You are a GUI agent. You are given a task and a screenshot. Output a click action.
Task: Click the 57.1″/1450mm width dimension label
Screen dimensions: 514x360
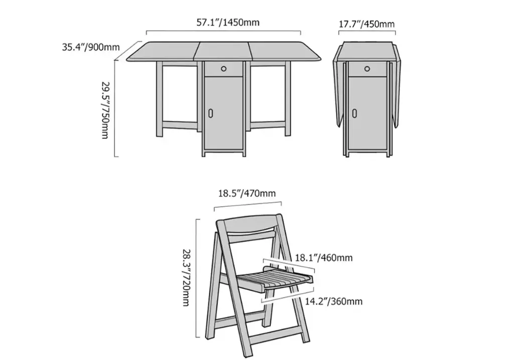pyautogui.click(x=228, y=22)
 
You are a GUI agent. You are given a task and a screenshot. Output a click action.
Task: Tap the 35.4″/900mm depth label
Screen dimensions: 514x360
pyautogui.click(x=91, y=47)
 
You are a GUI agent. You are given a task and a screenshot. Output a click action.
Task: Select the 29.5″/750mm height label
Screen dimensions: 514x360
pyautogui.click(x=105, y=110)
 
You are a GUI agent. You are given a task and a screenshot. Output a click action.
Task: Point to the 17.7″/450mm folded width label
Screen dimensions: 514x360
pyautogui.click(x=366, y=24)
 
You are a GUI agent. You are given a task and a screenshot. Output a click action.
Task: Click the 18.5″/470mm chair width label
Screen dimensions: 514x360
pyautogui.click(x=247, y=193)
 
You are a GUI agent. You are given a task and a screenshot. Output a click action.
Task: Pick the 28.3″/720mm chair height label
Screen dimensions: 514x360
pyautogui.click(x=187, y=278)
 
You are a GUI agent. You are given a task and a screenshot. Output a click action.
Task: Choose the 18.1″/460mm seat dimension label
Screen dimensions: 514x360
pyautogui.click(x=324, y=258)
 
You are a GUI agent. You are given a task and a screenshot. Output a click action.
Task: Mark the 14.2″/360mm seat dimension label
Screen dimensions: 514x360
pyautogui.click(x=334, y=301)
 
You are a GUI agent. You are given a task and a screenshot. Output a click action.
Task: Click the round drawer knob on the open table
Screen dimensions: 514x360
pyautogui.click(x=223, y=69)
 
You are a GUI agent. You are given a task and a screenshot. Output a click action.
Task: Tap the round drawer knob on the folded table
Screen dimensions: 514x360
pyautogui.click(x=367, y=69)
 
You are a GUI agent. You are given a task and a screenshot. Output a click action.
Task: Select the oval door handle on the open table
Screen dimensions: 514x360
pyautogui.click(x=210, y=113)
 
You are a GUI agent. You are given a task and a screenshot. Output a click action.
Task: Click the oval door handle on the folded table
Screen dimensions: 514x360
pyautogui.click(x=354, y=113)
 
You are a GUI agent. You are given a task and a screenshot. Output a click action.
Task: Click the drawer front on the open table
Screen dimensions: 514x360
pyautogui.click(x=223, y=69)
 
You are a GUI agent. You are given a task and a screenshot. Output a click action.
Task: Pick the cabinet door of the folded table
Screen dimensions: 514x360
pyautogui.click(x=367, y=113)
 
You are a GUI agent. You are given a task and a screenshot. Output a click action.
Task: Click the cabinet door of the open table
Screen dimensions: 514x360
pyautogui.click(x=223, y=113)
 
